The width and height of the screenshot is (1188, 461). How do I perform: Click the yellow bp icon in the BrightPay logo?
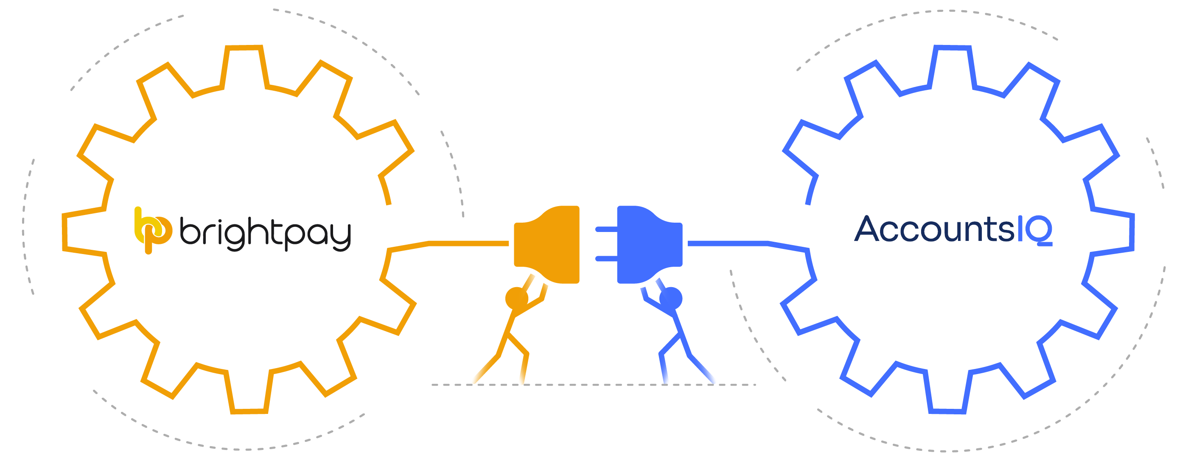[x=153, y=231]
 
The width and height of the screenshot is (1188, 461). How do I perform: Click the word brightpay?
[x=265, y=234]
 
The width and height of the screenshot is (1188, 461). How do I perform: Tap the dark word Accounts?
[x=934, y=229]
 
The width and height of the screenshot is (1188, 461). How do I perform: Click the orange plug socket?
[x=547, y=244]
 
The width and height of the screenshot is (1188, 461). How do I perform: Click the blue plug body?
[x=650, y=244]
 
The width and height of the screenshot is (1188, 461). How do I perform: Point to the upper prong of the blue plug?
[x=606, y=229]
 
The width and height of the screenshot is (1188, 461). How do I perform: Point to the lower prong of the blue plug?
[x=606, y=259]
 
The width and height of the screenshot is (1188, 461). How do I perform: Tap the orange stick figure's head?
[x=516, y=298]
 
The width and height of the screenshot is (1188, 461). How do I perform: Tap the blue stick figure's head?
[x=671, y=298]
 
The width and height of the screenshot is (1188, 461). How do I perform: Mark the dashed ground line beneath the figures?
[x=594, y=385]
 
